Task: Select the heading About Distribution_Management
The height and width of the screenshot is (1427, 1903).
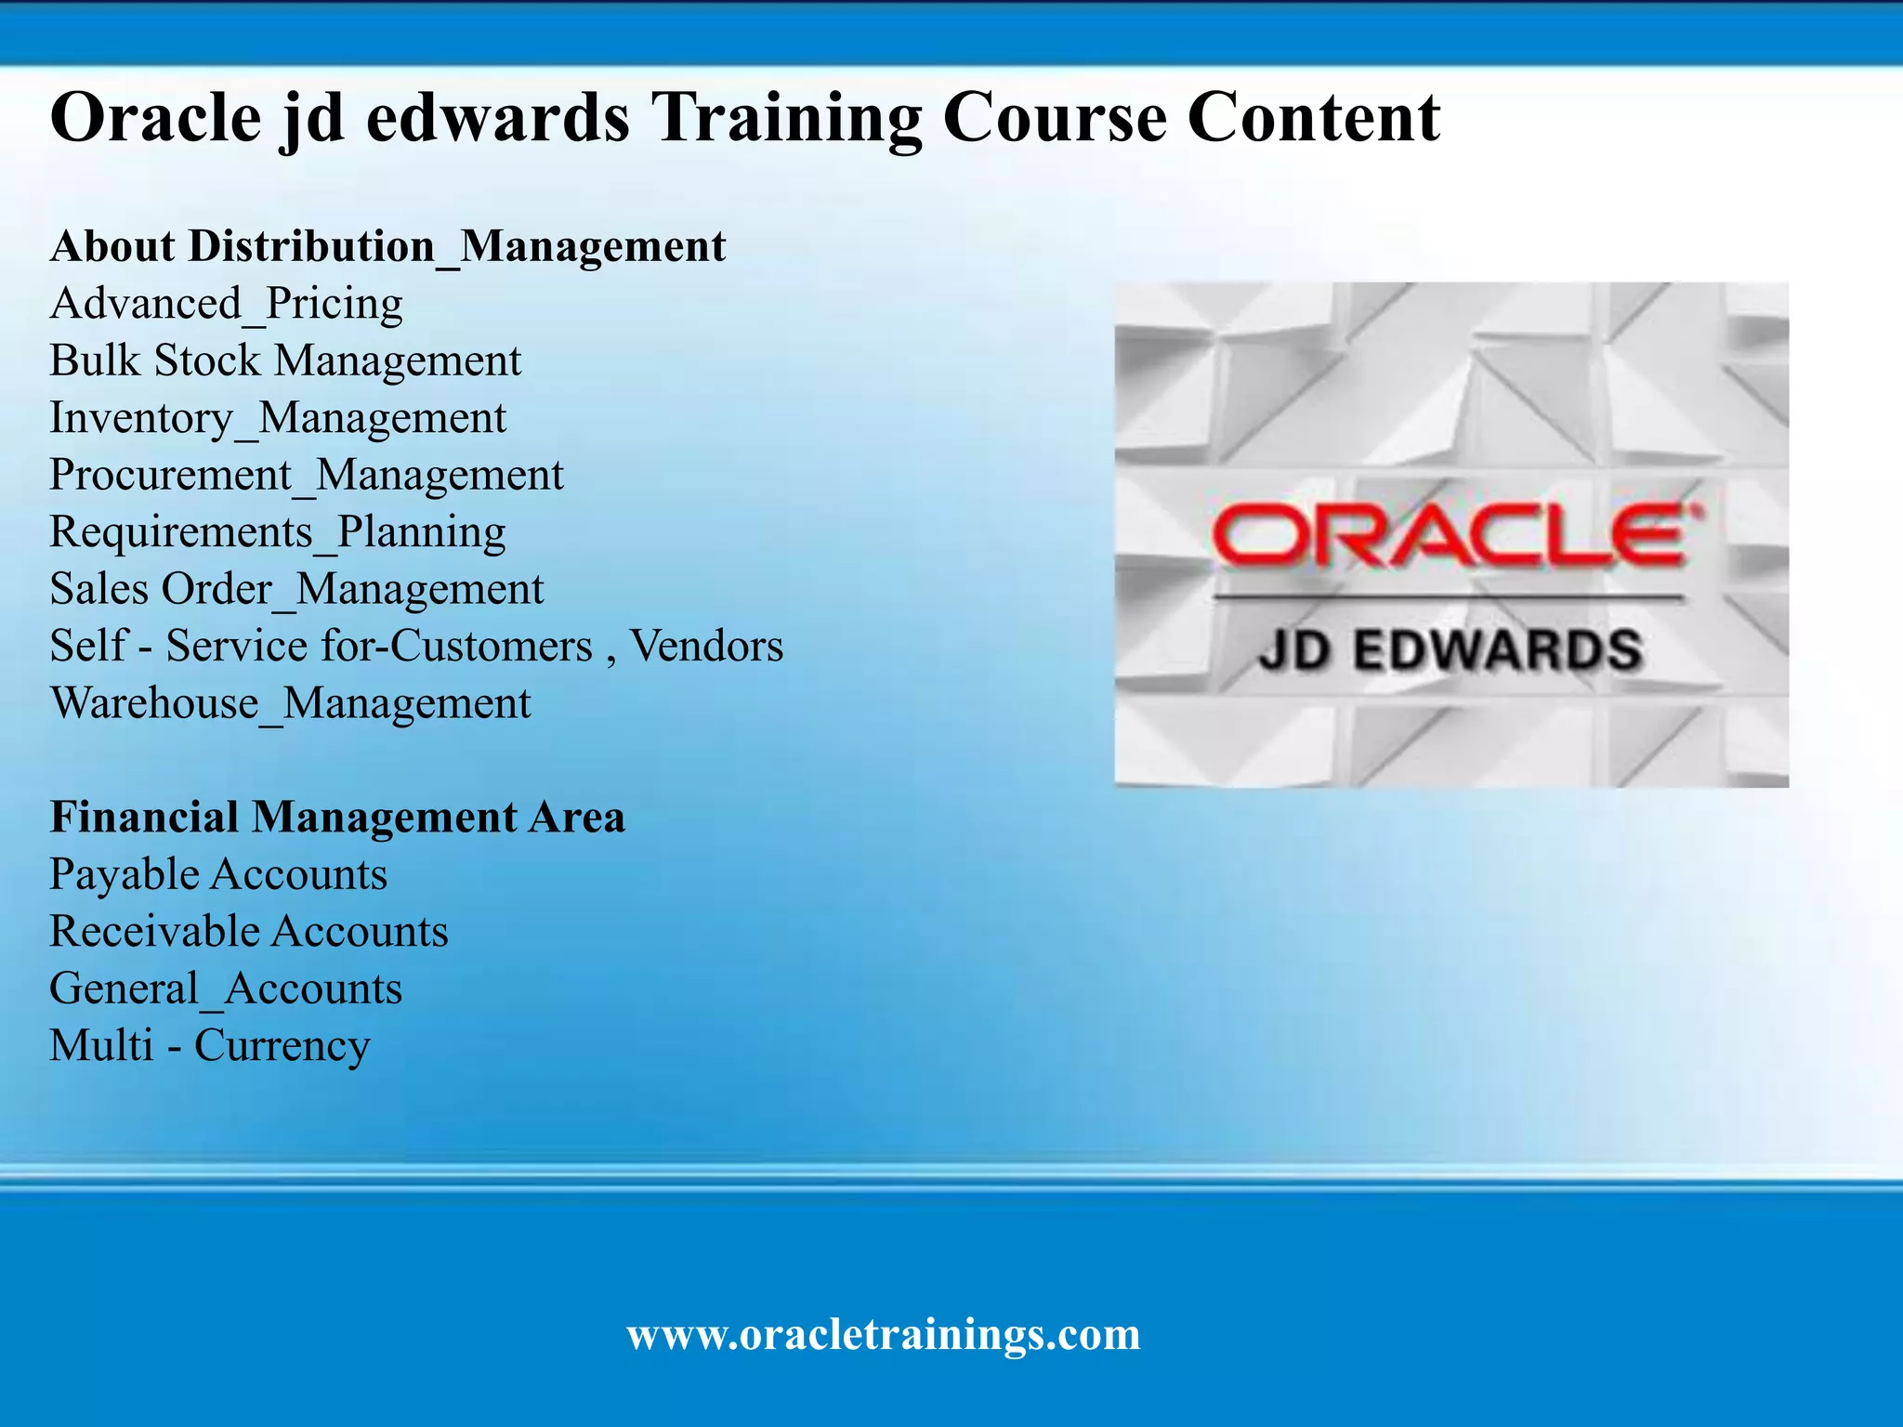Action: point(387,246)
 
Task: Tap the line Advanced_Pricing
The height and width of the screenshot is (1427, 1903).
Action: point(226,304)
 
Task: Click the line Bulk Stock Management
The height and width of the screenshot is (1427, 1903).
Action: point(285,360)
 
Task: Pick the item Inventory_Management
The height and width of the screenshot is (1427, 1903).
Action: point(278,418)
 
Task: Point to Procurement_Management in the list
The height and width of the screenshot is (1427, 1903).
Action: point(306,475)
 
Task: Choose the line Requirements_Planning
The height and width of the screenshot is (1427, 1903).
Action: point(277,532)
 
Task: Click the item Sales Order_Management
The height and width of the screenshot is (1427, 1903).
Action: point(296,589)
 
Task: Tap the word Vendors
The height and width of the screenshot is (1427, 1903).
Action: point(706,646)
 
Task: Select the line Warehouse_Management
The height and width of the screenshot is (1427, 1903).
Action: point(290,703)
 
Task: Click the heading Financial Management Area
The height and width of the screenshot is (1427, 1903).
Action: point(337,818)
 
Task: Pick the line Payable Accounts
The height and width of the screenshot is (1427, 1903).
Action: point(218,874)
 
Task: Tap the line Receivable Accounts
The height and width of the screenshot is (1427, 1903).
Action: point(249,931)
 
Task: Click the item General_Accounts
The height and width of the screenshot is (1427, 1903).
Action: point(226,988)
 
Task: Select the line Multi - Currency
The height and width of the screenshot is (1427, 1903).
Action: point(210,1045)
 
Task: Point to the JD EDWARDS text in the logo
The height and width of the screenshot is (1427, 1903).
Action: point(1450,649)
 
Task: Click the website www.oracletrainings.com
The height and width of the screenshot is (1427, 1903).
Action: point(884,1334)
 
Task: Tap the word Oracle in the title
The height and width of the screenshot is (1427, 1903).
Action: point(155,118)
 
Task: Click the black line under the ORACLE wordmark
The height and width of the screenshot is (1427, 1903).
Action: point(1450,597)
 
